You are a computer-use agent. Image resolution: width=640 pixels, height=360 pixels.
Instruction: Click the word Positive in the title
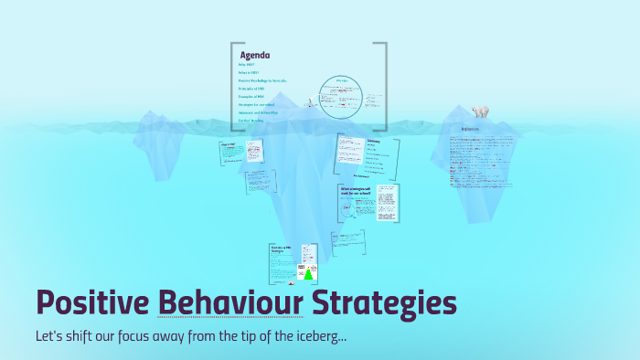pos(92,303)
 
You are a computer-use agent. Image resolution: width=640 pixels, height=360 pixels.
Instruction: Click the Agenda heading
pos(254,54)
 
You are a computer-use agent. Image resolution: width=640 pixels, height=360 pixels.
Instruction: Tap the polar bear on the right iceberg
pos(480,111)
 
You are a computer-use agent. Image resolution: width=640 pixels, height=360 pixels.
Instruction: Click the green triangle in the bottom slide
pos(309,273)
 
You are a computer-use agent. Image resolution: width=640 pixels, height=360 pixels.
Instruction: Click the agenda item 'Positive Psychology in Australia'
pos(263,80)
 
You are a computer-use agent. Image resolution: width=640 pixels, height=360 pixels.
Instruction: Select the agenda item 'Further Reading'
pos(251,119)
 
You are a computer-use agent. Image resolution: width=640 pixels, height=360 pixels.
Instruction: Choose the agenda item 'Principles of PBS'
pos(251,89)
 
